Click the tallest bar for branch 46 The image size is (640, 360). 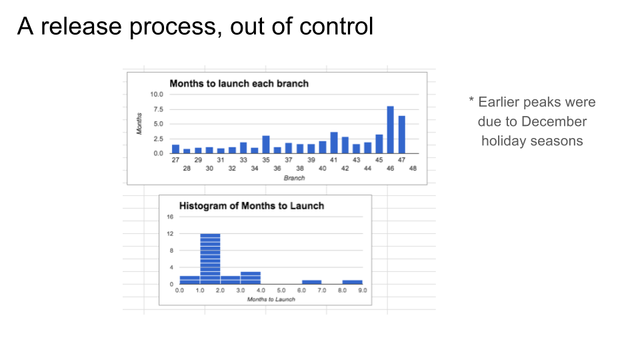click(390, 130)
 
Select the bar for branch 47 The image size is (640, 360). click(401, 135)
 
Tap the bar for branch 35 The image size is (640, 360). click(266, 145)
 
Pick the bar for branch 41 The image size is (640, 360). click(334, 143)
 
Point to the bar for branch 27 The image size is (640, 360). click(175, 149)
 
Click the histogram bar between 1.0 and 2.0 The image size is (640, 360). click(210, 259)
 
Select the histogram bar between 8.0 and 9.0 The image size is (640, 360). click(352, 282)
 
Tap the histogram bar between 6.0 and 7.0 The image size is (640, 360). click(311, 282)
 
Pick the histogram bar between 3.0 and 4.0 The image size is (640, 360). click(251, 278)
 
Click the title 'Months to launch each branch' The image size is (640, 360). click(239, 84)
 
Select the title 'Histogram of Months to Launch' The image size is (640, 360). click(251, 206)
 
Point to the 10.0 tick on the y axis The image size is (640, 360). click(156, 94)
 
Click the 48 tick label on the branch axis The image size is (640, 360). click(413, 168)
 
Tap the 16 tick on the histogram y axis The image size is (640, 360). click(170, 217)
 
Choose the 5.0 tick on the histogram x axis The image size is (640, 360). click(281, 290)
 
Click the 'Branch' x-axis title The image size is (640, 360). click(294, 178)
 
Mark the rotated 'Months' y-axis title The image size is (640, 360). click(139, 124)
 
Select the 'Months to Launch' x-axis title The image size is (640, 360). click(271, 299)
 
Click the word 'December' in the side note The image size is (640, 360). click(554, 121)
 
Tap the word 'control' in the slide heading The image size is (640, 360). click(336, 27)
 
